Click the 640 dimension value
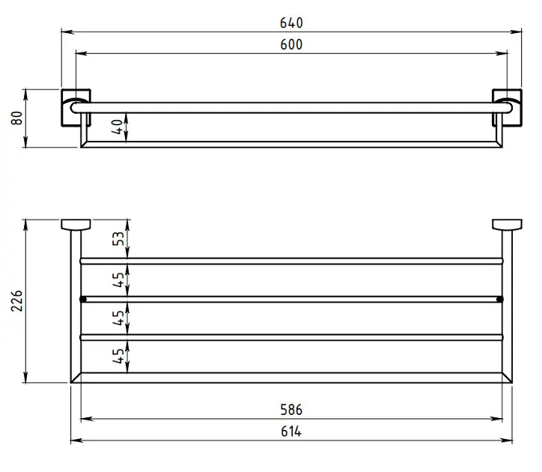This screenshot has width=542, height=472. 291,22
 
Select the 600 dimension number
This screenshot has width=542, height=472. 291,45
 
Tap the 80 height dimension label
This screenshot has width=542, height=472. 17,118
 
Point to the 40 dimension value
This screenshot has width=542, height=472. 118,127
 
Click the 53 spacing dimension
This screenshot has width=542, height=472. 118,238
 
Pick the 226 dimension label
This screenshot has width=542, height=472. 17,300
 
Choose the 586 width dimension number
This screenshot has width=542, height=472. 291,410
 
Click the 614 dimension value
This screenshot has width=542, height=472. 291,432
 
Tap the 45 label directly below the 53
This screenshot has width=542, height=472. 118,279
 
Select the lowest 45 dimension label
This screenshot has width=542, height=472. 118,356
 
